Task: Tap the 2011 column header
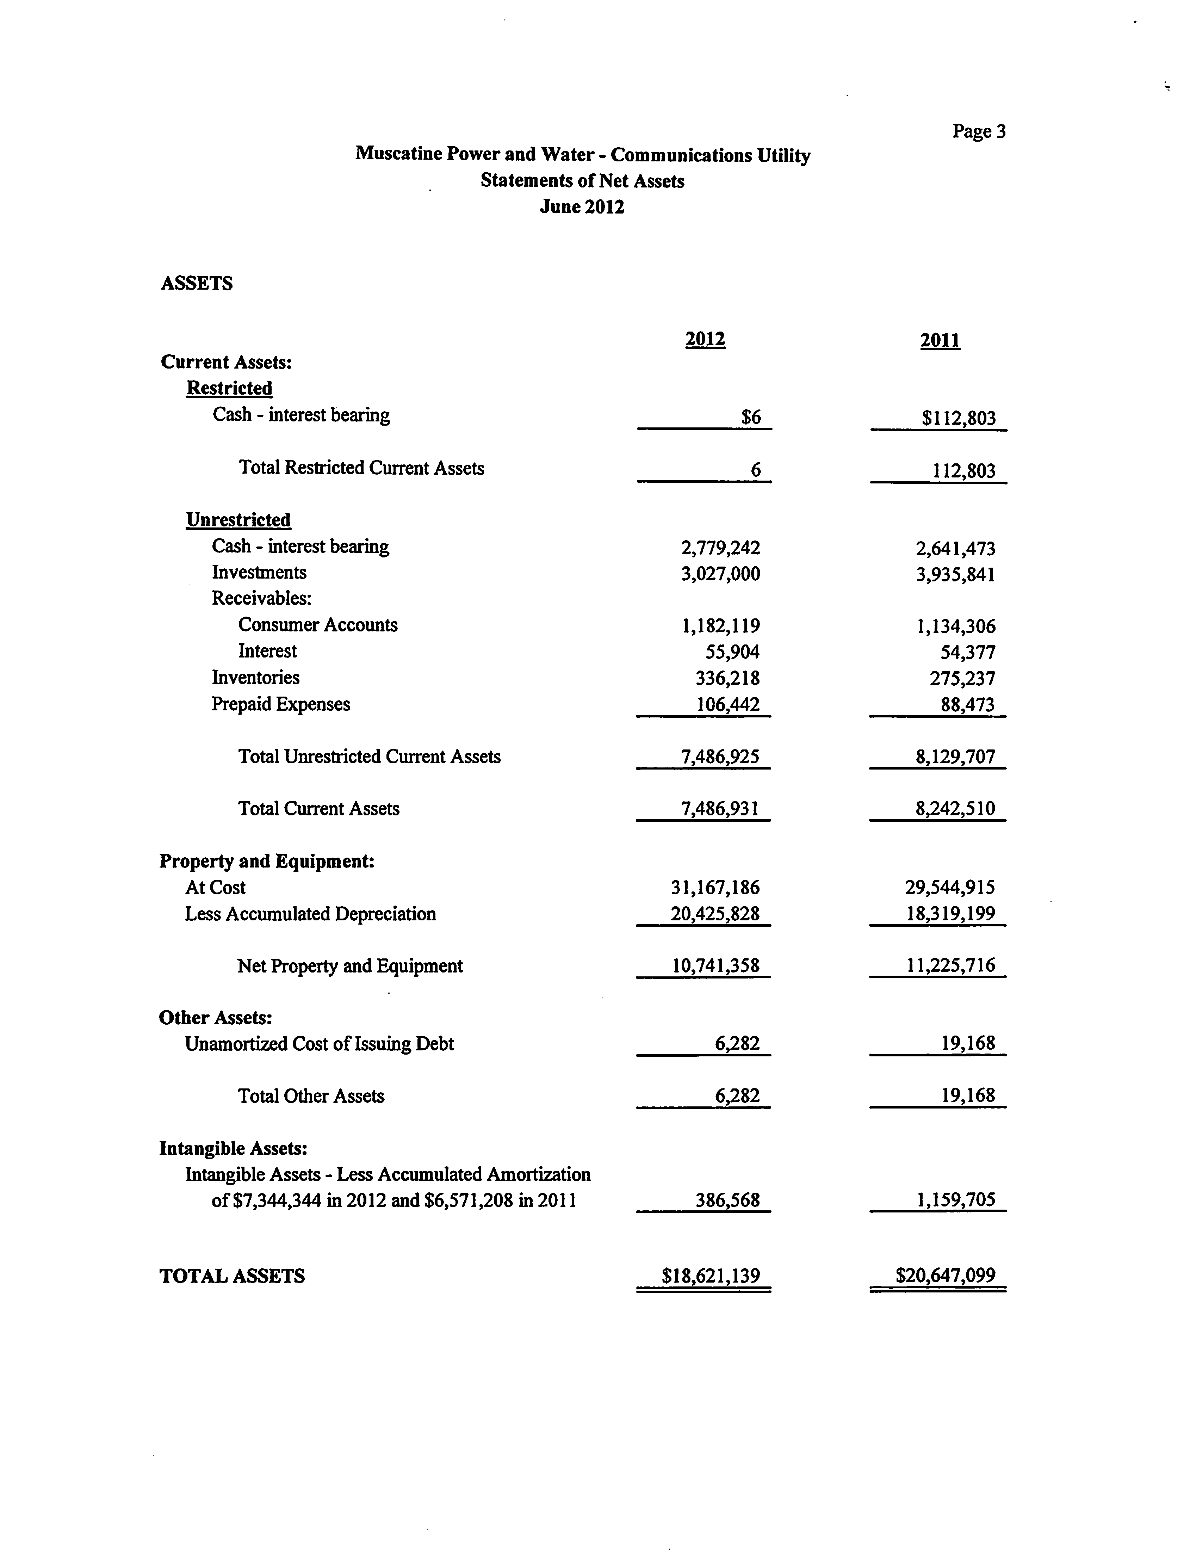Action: (x=940, y=341)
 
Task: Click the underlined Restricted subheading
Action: (x=229, y=388)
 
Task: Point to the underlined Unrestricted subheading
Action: (x=238, y=520)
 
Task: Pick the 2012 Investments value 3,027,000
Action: (x=720, y=574)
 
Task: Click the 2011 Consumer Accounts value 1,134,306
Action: (x=955, y=626)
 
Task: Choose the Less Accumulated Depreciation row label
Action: (x=310, y=914)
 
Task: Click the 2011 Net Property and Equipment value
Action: (x=950, y=966)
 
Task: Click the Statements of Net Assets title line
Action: (x=582, y=181)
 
